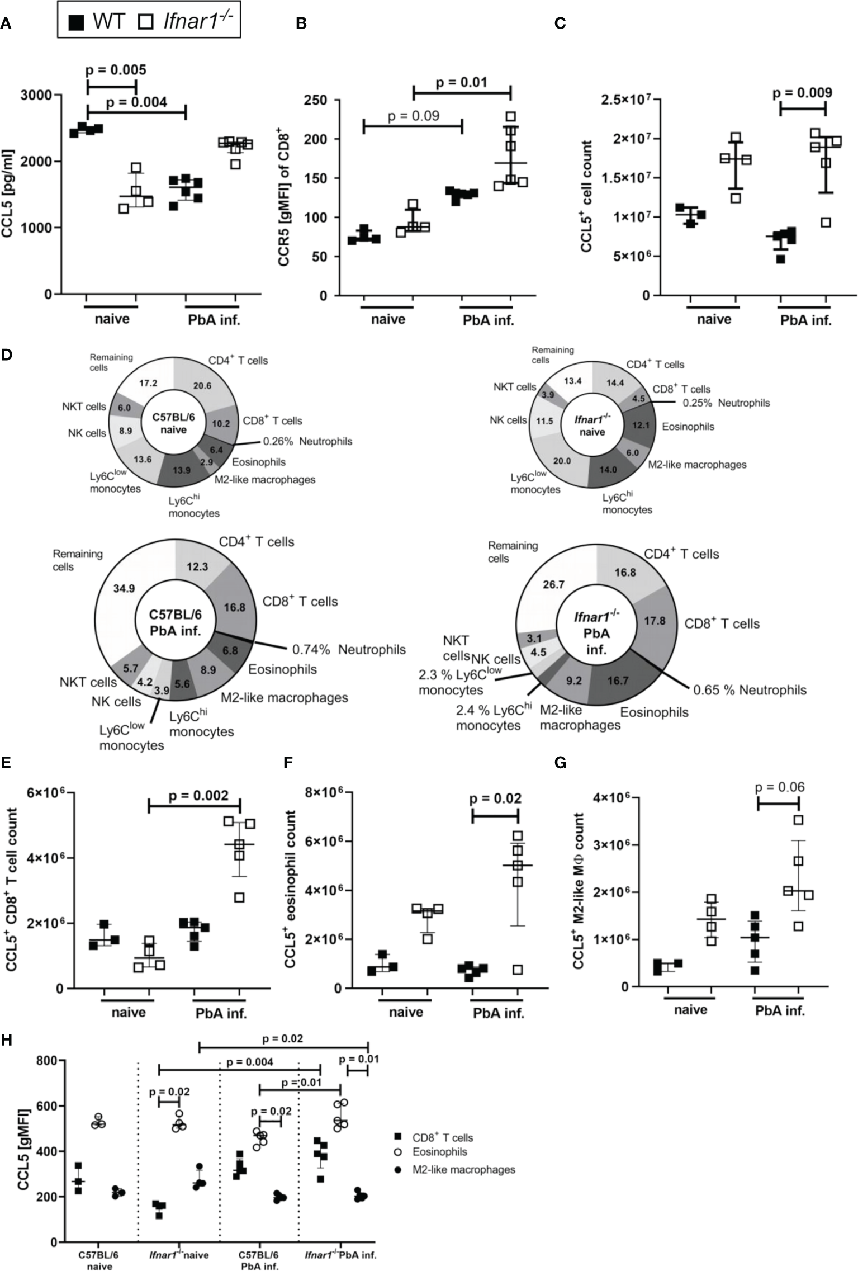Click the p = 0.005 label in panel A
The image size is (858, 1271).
116,70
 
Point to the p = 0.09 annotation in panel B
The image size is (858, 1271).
413,116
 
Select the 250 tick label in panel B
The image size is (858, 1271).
315,101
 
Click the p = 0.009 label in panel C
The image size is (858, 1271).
802,92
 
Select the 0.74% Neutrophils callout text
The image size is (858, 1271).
349,649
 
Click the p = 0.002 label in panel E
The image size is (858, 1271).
198,796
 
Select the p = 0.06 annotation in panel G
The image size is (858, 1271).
779,787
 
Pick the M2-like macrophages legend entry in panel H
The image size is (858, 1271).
463,1169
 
